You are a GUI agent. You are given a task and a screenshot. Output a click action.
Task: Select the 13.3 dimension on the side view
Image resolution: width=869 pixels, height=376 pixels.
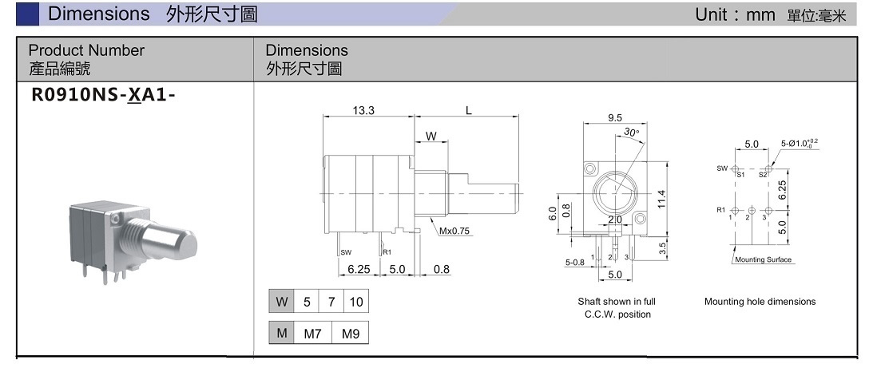(363, 110)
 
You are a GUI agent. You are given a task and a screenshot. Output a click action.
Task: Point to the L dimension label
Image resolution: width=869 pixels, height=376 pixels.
(469, 110)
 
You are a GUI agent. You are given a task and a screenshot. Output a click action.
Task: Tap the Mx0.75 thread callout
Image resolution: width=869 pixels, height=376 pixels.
(454, 232)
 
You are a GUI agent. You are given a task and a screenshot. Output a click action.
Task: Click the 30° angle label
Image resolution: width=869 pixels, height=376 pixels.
(631, 133)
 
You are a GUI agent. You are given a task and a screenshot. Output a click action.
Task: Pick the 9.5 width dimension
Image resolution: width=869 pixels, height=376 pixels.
(615, 118)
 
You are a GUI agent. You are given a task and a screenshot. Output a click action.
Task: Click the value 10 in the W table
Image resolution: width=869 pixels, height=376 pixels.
(356, 303)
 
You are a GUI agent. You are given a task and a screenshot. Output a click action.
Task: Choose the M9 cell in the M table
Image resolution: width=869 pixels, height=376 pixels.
(351, 334)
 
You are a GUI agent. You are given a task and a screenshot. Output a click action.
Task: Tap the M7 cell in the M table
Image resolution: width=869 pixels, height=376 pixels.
(312, 334)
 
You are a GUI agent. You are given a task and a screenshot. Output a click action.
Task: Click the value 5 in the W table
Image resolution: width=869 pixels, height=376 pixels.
(306, 303)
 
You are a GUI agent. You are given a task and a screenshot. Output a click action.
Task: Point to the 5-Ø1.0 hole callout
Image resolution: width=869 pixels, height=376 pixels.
(799, 144)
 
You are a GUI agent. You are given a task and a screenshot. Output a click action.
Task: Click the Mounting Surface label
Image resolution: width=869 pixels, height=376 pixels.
(762, 259)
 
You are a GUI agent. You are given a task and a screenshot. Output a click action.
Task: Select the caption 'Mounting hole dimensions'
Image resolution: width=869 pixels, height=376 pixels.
(760, 302)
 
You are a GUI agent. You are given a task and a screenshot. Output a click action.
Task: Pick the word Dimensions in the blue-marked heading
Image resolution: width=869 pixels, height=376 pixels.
(99, 14)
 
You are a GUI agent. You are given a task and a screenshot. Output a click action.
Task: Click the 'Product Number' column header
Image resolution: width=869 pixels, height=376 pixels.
(86, 50)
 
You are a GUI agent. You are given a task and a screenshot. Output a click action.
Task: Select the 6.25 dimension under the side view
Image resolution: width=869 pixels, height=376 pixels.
(359, 270)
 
